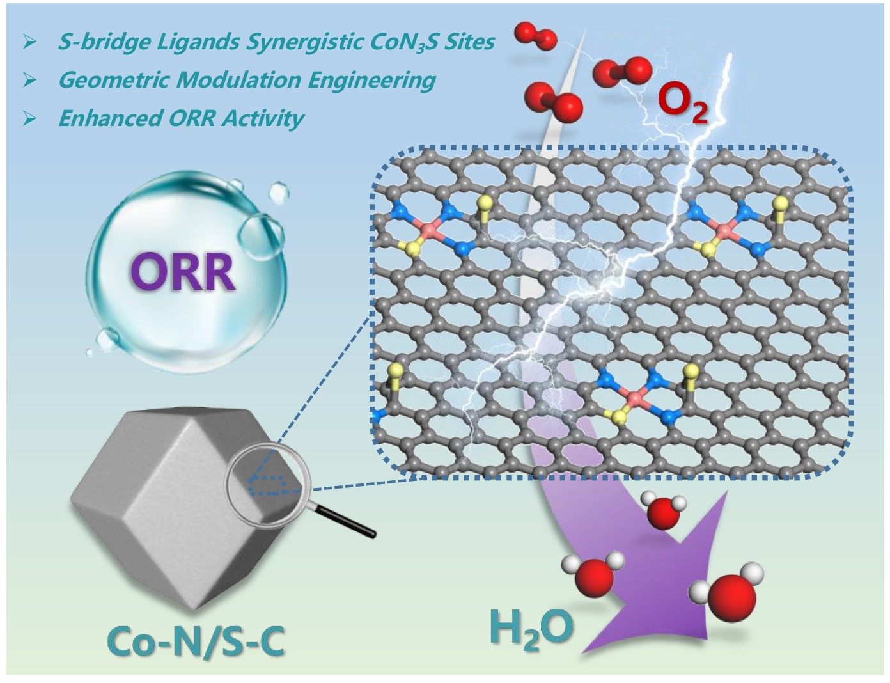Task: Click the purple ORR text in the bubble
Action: coord(183,271)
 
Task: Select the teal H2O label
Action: coord(531,630)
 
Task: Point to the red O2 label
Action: coord(683,104)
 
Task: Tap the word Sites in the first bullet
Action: coord(471,42)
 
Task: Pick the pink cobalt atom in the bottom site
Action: coord(634,399)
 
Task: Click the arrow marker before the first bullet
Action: coord(29,42)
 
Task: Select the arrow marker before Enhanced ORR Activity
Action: coord(29,118)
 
